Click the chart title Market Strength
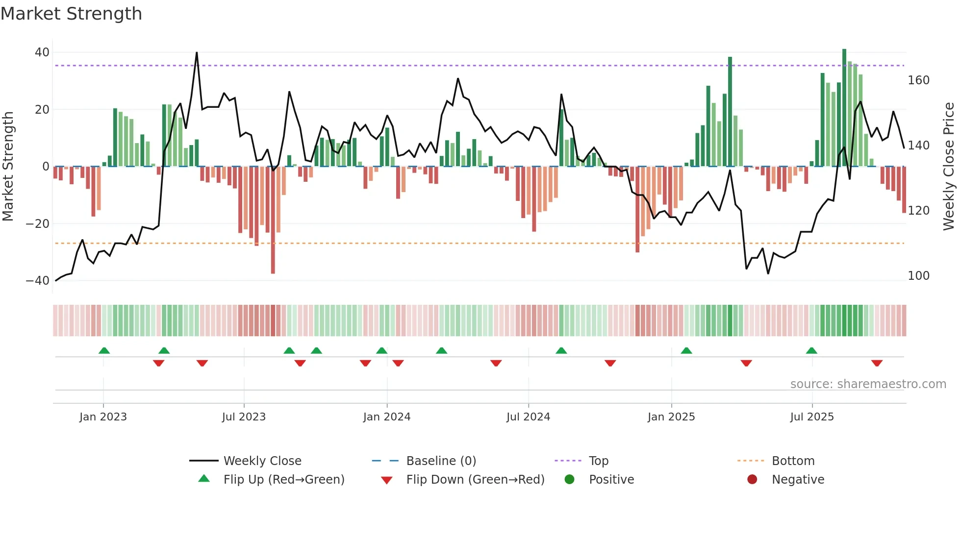(x=71, y=14)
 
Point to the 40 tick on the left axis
(x=42, y=52)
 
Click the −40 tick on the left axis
(x=38, y=281)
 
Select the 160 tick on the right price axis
(x=918, y=80)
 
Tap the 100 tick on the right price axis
(x=918, y=276)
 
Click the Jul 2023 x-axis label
(x=244, y=417)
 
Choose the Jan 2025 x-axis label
(x=671, y=417)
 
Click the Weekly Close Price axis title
(x=949, y=167)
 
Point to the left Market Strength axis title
(x=8, y=167)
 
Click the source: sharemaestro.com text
(x=868, y=384)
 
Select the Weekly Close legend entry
(x=262, y=461)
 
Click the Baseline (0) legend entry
(x=441, y=461)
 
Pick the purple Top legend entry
(x=598, y=461)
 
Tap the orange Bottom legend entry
(x=793, y=461)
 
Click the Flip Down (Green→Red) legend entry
(x=475, y=480)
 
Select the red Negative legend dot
(x=752, y=479)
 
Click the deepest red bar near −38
(x=273, y=221)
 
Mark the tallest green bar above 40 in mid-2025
(x=844, y=108)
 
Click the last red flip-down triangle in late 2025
(x=877, y=363)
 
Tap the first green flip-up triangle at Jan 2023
(x=104, y=350)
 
